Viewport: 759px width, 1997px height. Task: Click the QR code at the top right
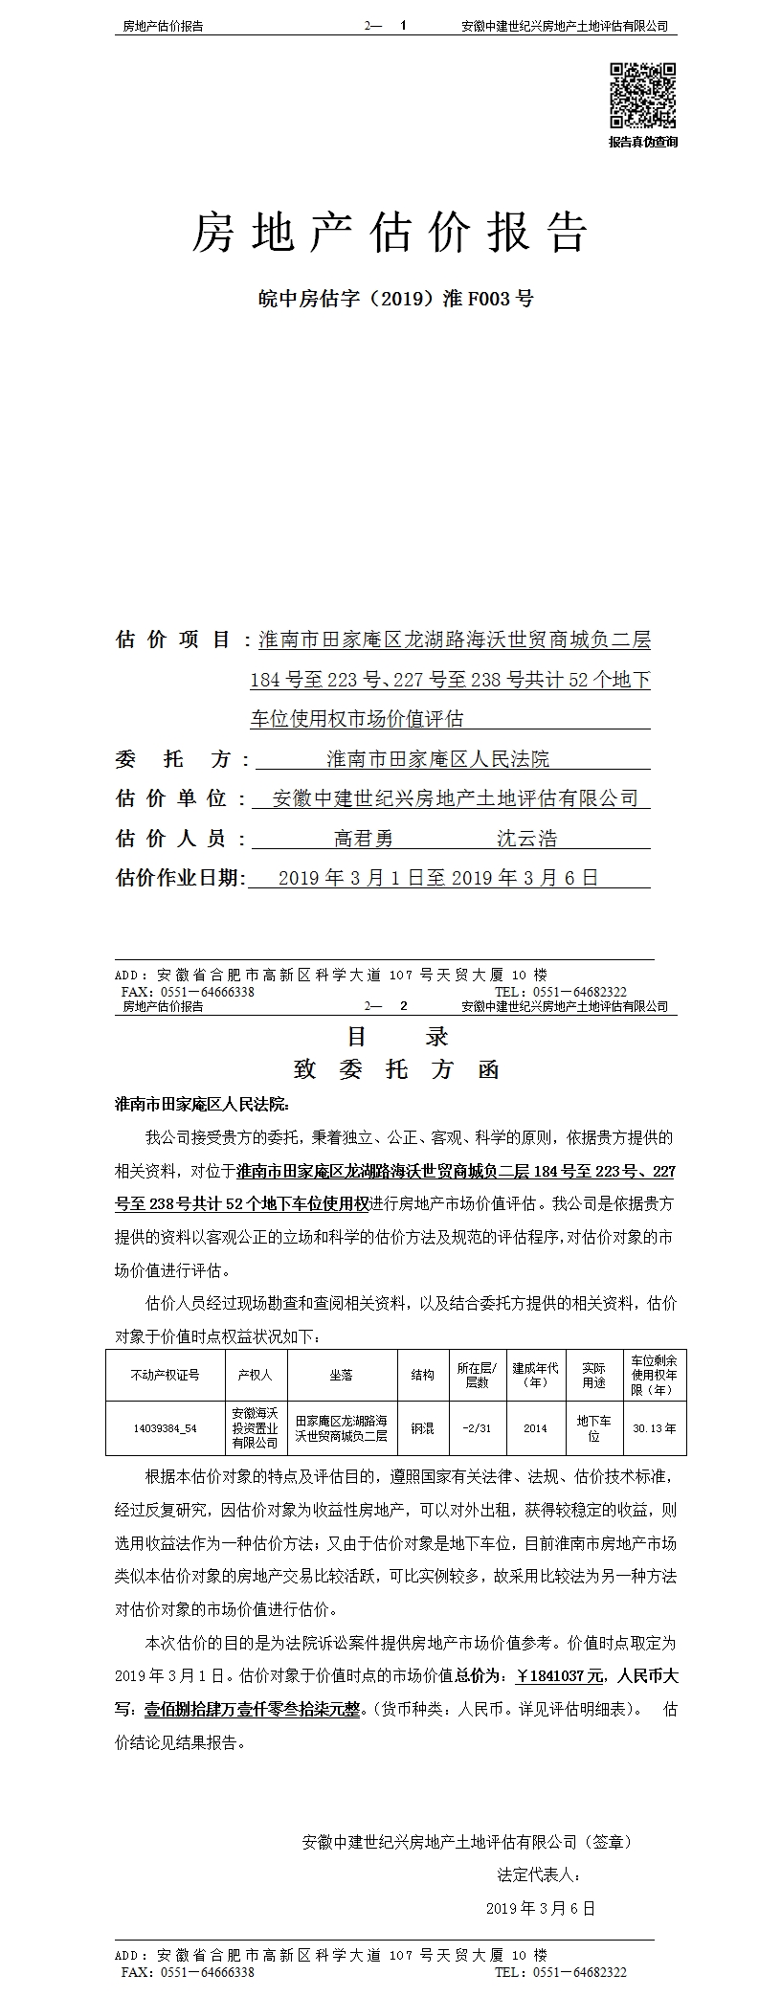[642, 95]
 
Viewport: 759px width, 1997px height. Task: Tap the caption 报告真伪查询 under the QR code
[642, 142]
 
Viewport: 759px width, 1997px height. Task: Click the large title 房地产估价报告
[389, 233]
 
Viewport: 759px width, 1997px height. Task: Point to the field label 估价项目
[172, 639]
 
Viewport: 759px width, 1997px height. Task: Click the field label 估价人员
[172, 839]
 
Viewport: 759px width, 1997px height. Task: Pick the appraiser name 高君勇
[364, 840]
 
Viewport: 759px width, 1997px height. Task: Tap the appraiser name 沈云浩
[526, 840]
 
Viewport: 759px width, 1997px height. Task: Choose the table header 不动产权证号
[165, 1375]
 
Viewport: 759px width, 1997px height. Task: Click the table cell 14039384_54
[165, 1428]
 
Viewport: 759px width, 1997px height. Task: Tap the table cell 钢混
[422, 1428]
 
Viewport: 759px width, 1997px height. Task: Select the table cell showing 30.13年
[654, 1428]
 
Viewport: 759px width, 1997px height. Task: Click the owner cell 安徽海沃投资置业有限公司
[255, 1427]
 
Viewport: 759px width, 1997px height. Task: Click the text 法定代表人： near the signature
[538, 1874]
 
